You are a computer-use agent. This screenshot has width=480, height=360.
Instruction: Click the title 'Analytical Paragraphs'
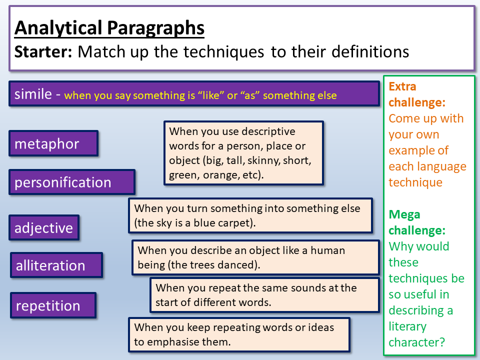click(109, 28)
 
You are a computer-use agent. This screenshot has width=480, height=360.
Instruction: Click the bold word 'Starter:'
click(43, 51)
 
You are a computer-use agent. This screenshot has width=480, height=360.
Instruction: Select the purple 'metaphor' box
click(53, 143)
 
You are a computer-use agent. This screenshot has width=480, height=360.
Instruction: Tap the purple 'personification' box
click(72, 182)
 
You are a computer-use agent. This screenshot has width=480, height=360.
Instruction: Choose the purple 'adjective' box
click(44, 228)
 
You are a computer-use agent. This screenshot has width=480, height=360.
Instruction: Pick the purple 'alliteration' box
click(56, 265)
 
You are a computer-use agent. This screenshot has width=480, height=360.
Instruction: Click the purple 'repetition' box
click(53, 305)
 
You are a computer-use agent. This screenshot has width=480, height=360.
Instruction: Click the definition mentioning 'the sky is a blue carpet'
click(250, 215)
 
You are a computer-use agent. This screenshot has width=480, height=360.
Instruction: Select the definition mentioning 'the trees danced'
click(255, 257)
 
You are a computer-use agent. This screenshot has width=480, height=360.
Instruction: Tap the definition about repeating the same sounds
click(265, 295)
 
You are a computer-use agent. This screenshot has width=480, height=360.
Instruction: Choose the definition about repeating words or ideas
click(239, 334)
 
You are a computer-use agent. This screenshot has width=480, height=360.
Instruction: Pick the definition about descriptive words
click(243, 153)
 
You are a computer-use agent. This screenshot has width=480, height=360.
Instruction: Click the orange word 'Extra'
click(402, 86)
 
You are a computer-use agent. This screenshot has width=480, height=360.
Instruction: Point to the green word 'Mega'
click(404, 215)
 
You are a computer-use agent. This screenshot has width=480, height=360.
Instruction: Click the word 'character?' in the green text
click(416, 342)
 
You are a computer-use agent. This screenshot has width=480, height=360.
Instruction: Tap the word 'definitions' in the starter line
click(370, 51)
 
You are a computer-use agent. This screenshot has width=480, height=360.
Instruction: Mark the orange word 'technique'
click(415, 183)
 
